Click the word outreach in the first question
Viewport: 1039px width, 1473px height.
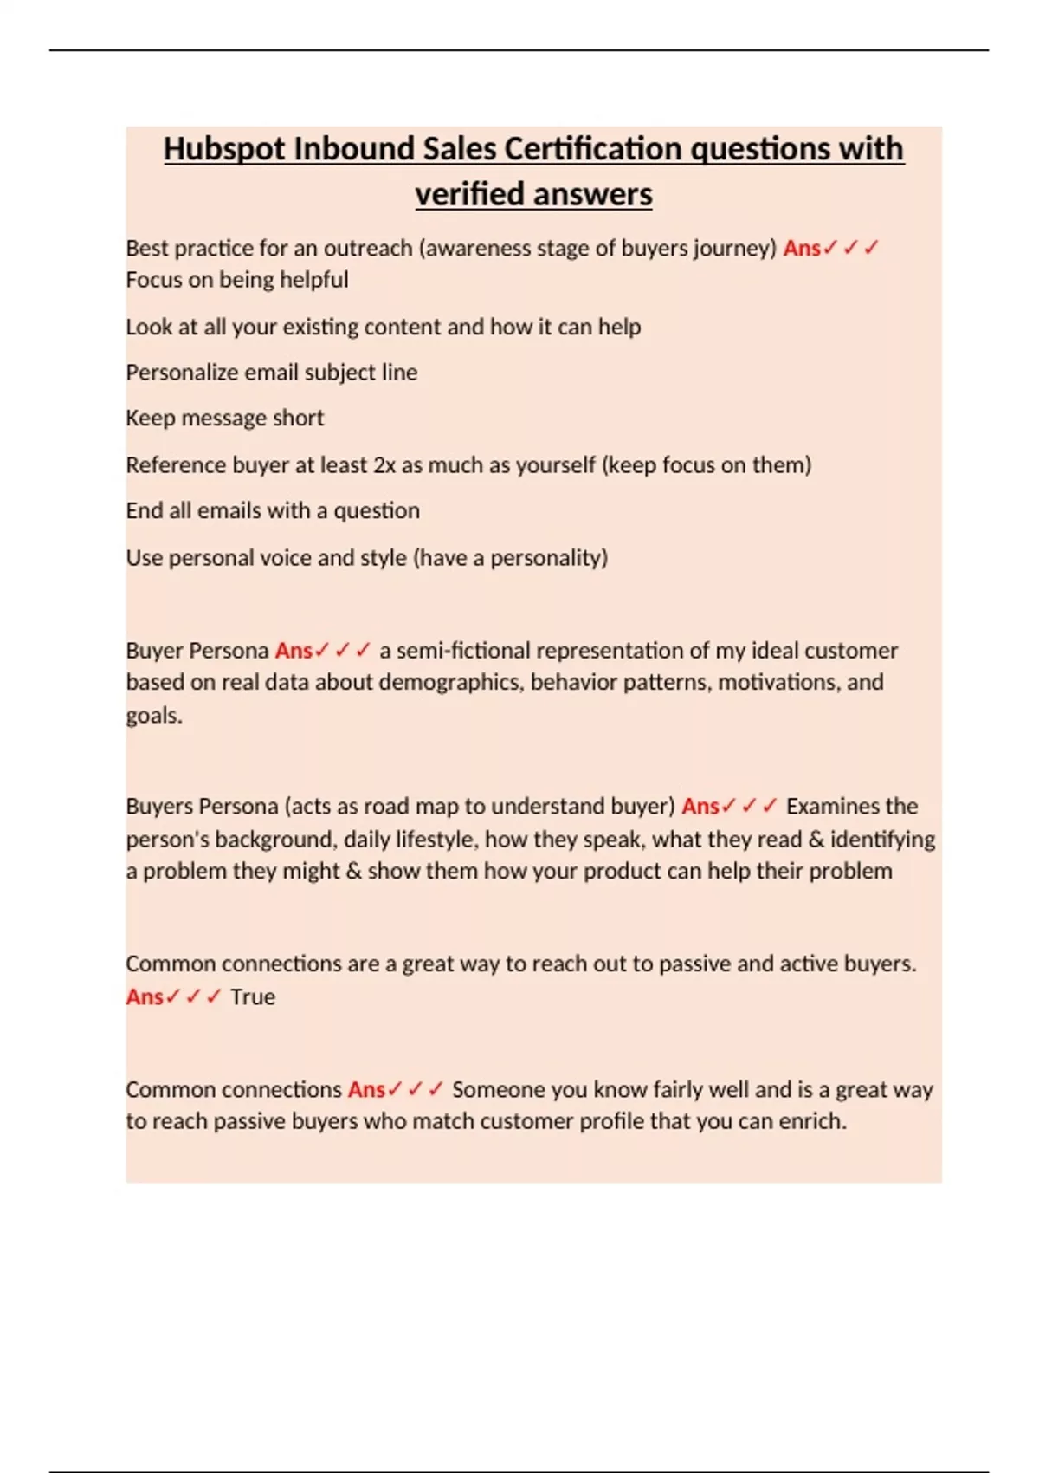367,249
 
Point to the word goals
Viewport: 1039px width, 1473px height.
153,716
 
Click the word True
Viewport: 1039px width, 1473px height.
253,997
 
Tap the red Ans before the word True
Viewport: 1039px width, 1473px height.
144,997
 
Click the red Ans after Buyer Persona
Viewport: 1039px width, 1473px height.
294,651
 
